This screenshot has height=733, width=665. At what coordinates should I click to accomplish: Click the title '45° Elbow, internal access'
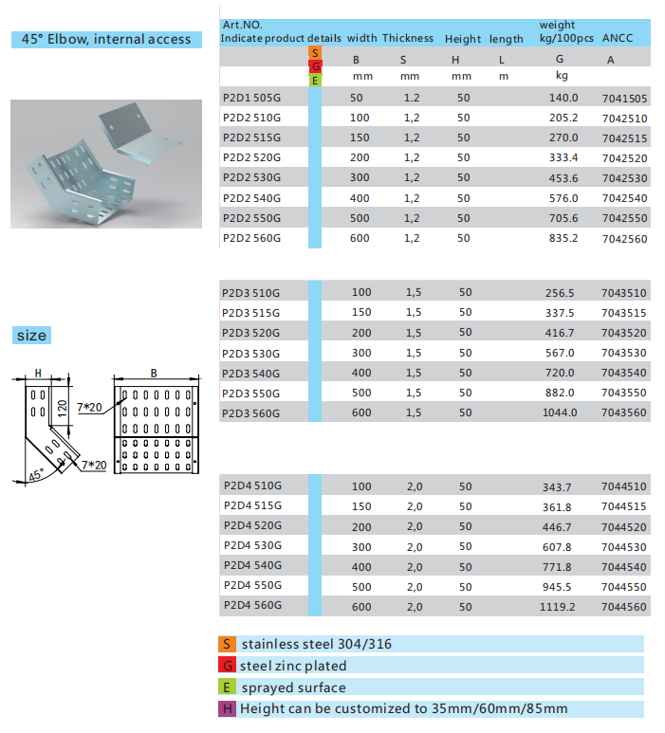pyautogui.click(x=106, y=39)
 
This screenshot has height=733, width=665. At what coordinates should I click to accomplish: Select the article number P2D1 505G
pyautogui.click(x=251, y=99)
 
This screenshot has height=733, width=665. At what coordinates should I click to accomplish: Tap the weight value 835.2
pyautogui.click(x=563, y=238)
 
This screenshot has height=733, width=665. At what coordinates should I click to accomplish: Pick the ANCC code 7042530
pyautogui.click(x=624, y=178)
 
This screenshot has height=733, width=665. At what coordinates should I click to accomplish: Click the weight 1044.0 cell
pyautogui.click(x=561, y=412)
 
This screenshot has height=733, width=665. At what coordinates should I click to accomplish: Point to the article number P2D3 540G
pyautogui.click(x=251, y=373)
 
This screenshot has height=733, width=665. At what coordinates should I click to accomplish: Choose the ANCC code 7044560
pyautogui.click(x=624, y=606)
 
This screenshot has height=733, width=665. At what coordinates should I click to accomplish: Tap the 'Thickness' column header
pyautogui.click(x=408, y=39)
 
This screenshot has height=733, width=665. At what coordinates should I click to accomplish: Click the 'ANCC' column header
pyautogui.click(x=618, y=39)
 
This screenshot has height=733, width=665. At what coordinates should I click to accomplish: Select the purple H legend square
pyautogui.click(x=227, y=708)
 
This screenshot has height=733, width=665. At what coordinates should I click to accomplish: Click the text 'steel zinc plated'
pyautogui.click(x=293, y=666)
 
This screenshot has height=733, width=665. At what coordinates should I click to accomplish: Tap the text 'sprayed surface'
pyautogui.click(x=293, y=687)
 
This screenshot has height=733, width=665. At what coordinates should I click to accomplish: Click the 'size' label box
pyautogui.click(x=31, y=336)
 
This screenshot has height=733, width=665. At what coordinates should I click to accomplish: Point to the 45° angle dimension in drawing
pyautogui.click(x=35, y=477)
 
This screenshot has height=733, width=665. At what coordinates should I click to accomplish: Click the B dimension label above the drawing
pyautogui.click(x=154, y=373)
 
